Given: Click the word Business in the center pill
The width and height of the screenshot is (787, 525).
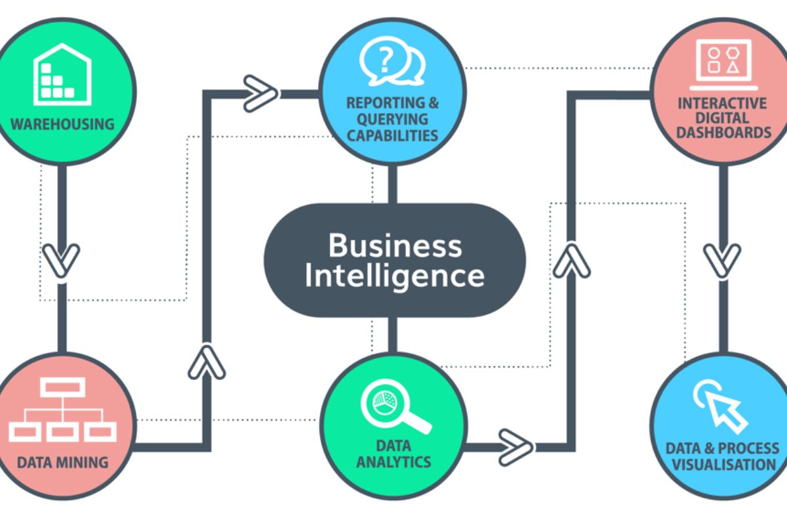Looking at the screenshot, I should coord(395,245).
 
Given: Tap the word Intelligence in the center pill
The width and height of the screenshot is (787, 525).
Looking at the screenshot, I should coord(395,276).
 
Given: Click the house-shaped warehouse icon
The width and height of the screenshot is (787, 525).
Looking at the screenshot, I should coord(62,73).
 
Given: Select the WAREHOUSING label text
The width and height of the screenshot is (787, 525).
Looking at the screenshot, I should coord(62,123).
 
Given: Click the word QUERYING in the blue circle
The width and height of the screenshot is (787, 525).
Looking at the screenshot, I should coord(392,119).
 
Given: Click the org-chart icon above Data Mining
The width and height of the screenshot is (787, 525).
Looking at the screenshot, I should coord(62,409).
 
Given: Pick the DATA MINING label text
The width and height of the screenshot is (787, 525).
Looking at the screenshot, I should coord(63,462).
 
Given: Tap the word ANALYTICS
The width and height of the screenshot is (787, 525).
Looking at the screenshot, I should coord(393,461).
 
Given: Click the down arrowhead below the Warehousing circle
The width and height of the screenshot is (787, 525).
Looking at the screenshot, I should coord(61,260).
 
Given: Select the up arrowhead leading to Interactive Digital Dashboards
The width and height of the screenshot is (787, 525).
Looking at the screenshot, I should coord(572,258).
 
